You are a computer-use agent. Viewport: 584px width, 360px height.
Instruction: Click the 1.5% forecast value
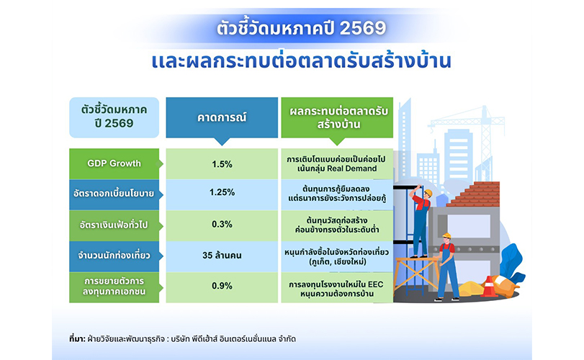(x=222, y=164)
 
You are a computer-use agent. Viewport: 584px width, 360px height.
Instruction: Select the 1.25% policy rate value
(x=222, y=192)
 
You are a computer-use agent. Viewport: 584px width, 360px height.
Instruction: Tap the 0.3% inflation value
(x=222, y=224)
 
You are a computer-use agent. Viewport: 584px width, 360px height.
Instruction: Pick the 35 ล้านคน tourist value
(x=222, y=256)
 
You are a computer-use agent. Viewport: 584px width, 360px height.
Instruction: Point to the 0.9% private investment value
(x=222, y=286)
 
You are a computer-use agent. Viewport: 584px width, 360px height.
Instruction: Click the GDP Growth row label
(x=114, y=163)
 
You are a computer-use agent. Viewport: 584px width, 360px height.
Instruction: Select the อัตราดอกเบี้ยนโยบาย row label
(x=114, y=194)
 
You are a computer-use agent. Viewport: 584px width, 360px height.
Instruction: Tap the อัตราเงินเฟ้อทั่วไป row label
(x=114, y=225)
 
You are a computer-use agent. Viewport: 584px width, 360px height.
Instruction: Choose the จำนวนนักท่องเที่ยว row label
(x=114, y=256)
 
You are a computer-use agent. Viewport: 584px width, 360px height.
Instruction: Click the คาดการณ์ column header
(x=222, y=117)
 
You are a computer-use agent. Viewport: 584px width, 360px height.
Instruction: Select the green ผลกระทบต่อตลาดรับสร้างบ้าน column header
(x=337, y=117)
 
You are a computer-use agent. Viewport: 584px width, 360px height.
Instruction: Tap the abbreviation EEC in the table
(x=375, y=285)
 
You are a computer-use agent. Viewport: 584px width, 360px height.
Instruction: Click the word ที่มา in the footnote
(x=76, y=339)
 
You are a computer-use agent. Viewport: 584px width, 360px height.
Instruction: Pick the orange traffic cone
(x=490, y=287)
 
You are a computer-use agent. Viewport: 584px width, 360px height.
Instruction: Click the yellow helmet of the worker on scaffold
(x=428, y=192)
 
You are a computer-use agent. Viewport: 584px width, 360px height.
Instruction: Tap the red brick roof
(x=474, y=194)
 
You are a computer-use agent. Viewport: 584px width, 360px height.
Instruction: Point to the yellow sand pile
(x=471, y=289)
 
